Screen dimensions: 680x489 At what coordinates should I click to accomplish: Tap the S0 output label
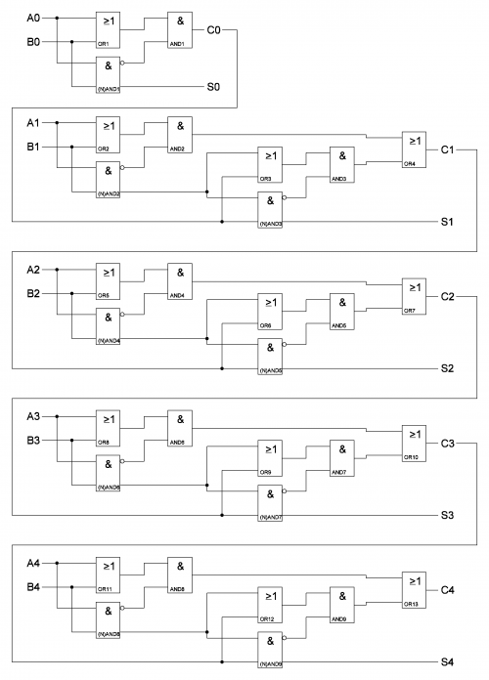213,87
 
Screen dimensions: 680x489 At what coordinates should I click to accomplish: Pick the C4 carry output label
448,590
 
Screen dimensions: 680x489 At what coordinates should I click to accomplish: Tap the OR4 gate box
414,149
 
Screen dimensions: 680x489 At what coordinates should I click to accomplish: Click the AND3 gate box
342,162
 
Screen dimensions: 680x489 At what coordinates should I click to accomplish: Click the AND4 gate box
180,276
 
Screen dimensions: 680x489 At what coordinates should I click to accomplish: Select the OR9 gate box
270,455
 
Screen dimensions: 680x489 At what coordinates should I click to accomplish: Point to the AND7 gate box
342,455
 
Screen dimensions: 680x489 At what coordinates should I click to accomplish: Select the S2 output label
447,368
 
